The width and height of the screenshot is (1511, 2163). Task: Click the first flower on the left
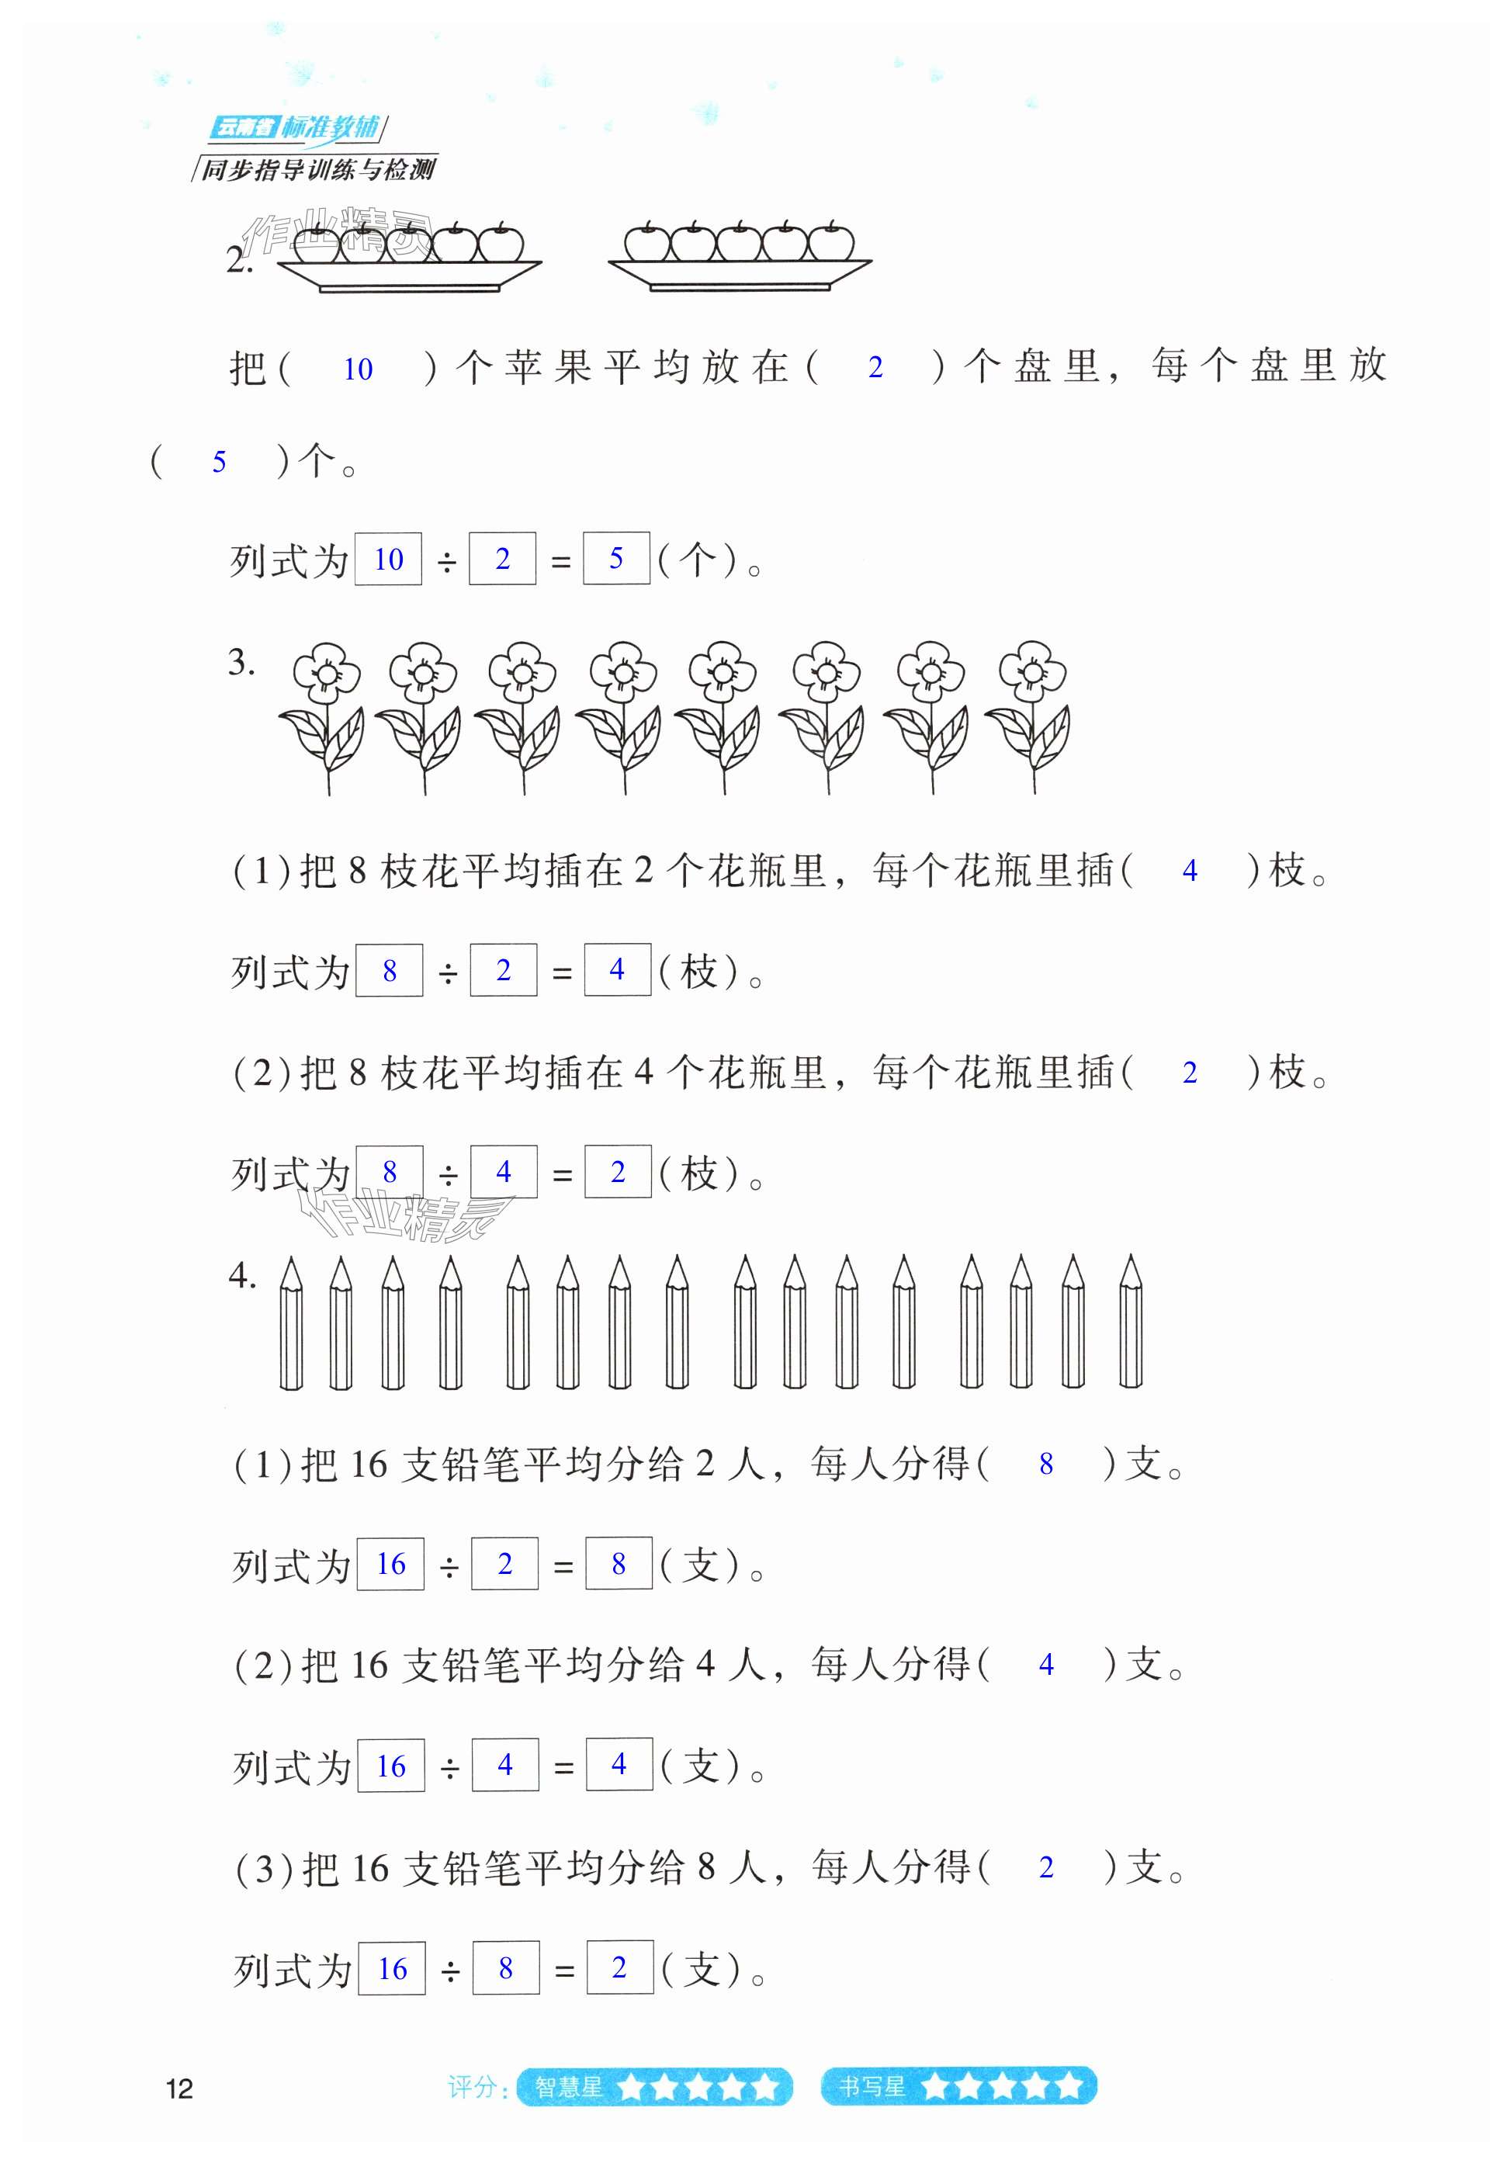325,716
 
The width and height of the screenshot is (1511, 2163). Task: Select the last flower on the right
1031,716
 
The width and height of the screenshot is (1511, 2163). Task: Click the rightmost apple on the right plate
831,242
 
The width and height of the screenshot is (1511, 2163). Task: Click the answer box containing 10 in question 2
388,560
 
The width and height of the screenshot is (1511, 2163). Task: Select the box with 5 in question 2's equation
616,559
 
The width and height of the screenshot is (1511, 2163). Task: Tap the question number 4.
241,1276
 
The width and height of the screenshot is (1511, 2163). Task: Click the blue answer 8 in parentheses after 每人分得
1045,1463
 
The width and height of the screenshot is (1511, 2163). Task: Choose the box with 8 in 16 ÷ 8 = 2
506,1968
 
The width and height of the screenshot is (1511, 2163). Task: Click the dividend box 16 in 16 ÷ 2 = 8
391,1565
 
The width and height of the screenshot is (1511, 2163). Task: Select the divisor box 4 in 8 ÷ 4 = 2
504,1172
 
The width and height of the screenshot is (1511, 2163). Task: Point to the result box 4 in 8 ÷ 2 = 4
617,970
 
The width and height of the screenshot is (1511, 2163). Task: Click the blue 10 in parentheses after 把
358,369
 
